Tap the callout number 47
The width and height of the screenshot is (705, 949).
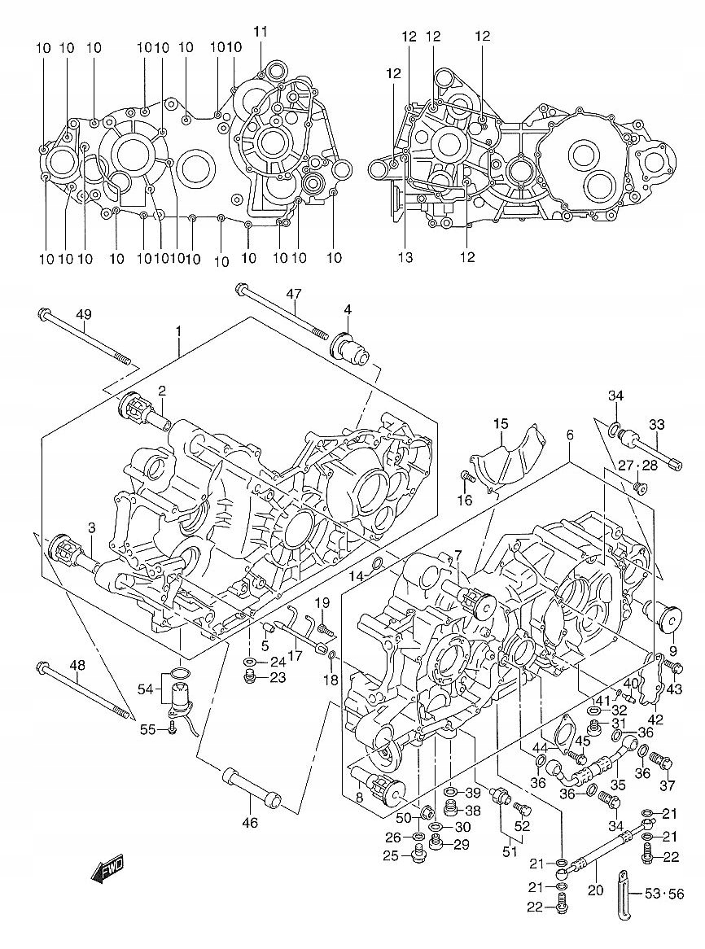click(294, 294)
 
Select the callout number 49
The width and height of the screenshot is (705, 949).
click(84, 314)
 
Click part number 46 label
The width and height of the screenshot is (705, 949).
click(249, 823)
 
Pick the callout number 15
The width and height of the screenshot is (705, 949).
click(501, 423)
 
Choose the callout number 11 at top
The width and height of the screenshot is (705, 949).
click(261, 32)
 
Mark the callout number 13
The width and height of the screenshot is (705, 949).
click(405, 257)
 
